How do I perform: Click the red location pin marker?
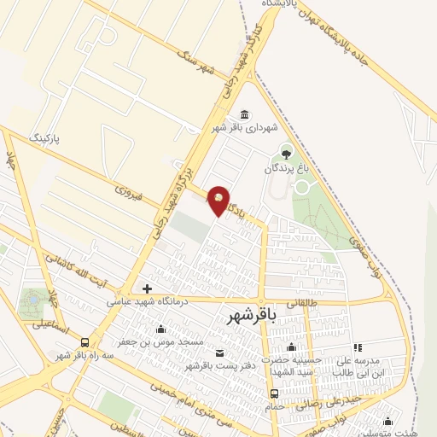[x=219, y=200]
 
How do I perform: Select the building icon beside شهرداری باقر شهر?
[x=245, y=115]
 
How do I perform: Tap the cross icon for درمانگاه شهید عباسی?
[x=148, y=288]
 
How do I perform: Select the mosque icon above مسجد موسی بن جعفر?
[x=160, y=329]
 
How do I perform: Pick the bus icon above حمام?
[x=274, y=394]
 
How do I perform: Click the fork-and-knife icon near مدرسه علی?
[x=358, y=347]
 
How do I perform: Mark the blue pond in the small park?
[x=33, y=300]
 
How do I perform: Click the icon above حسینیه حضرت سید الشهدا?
[x=292, y=347]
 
